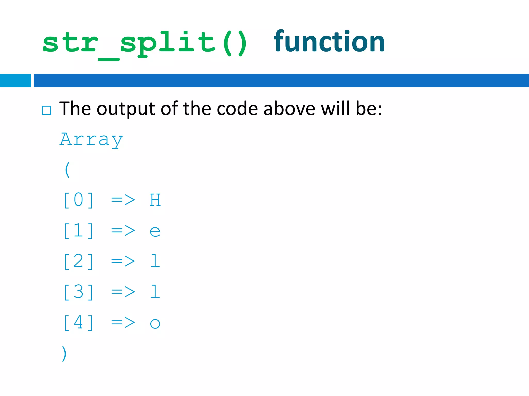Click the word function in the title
point(329,42)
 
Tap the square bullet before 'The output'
point(46,110)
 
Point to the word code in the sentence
point(237,108)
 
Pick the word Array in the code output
point(91,140)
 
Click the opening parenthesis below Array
point(67,170)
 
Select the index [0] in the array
point(79,200)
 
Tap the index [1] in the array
point(79,231)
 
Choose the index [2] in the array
point(79,261)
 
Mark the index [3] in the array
point(79,292)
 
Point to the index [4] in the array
point(79,323)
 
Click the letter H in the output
point(155,200)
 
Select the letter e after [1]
point(155,231)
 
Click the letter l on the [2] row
point(155,261)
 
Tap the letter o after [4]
point(155,324)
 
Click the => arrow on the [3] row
point(123,292)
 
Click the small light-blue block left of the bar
point(15,80)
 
